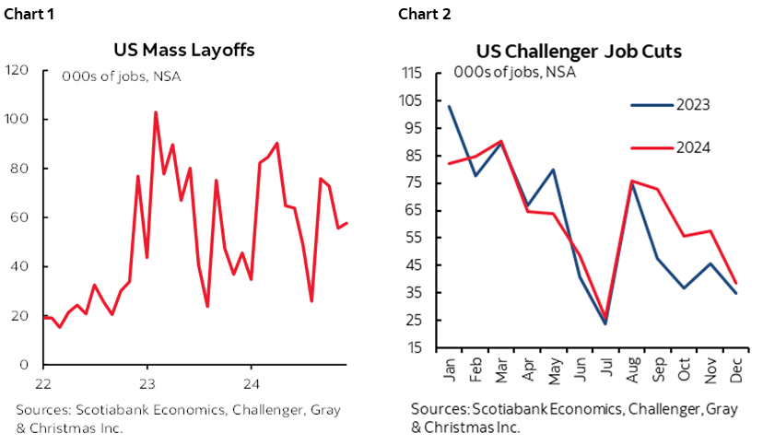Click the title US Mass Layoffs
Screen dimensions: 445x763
(x=184, y=50)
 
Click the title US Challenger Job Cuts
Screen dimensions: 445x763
(x=579, y=51)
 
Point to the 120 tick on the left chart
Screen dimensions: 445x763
(x=16, y=70)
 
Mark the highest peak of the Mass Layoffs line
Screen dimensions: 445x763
(x=155, y=111)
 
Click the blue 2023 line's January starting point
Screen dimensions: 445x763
(x=448, y=106)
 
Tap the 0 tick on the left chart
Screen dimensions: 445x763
(x=23, y=365)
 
